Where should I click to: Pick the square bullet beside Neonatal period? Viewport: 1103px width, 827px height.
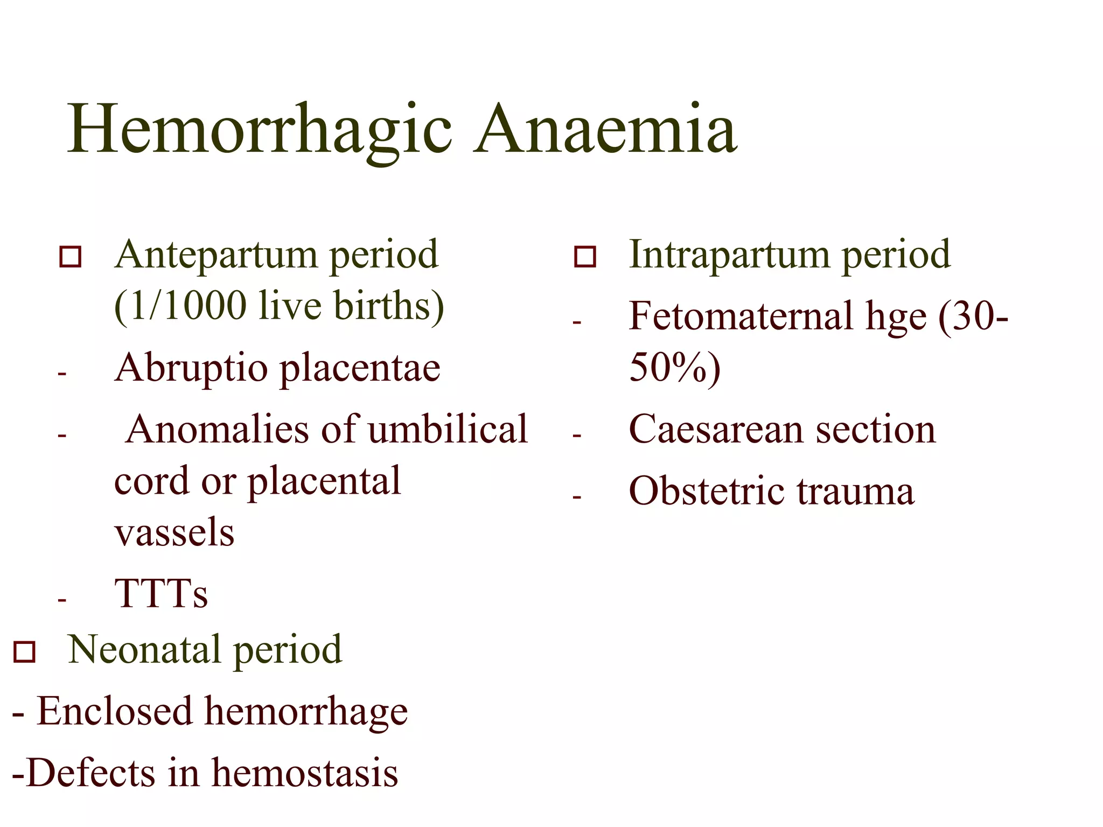(24, 651)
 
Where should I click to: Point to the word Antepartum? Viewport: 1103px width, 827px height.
(215, 255)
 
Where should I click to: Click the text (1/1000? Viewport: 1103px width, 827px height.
(180, 306)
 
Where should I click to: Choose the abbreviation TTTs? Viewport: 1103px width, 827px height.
(161, 594)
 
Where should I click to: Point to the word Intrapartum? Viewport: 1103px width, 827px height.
(729, 255)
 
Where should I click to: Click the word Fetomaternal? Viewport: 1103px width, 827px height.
(741, 316)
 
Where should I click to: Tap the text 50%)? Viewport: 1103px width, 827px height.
(674, 368)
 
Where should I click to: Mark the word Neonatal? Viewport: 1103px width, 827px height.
(144, 650)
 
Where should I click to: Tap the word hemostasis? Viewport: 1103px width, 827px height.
(305, 773)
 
